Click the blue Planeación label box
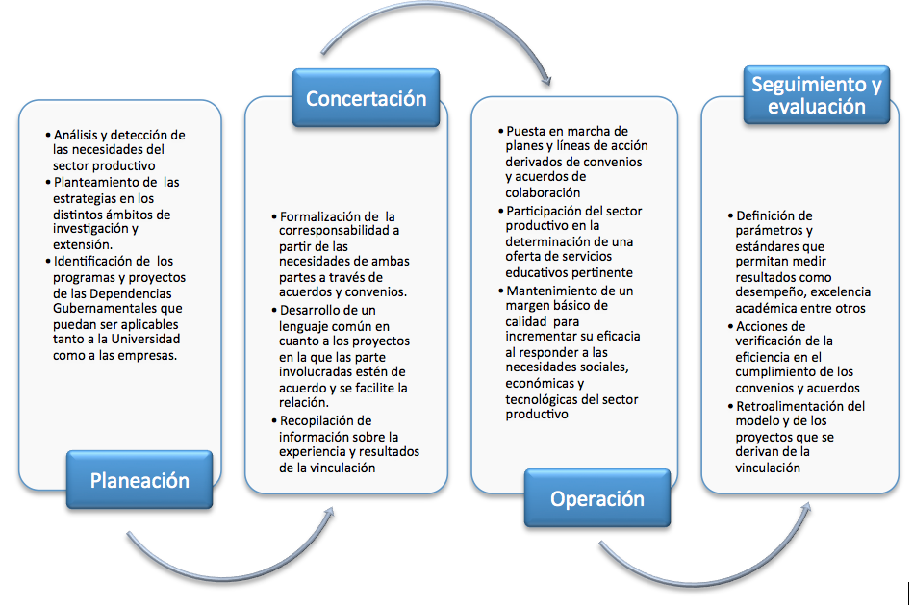[x=139, y=480]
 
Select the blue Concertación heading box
[x=366, y=98]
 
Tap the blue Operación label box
[x=596, y=498]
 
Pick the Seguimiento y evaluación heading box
[x=817, y=95]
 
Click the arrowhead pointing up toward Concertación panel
[x=329, y=512]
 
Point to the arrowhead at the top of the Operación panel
[x=545, y=80]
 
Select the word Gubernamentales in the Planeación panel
[x=117, y=308]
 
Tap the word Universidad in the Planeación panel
[x=145, y=339]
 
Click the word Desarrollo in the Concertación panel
[x=309, y=310]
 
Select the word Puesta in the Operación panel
[x=525, y=131]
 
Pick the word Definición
[x=766, y=215]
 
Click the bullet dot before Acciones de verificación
[x=730, y=326]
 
